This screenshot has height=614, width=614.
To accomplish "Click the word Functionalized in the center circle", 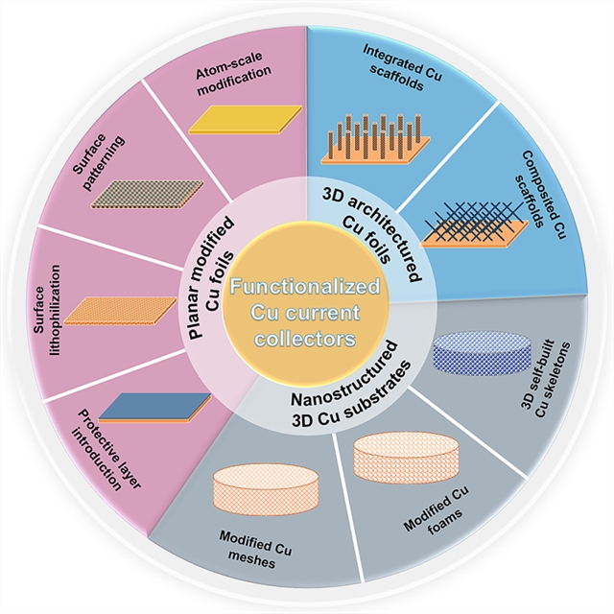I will tap(308, 287).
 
